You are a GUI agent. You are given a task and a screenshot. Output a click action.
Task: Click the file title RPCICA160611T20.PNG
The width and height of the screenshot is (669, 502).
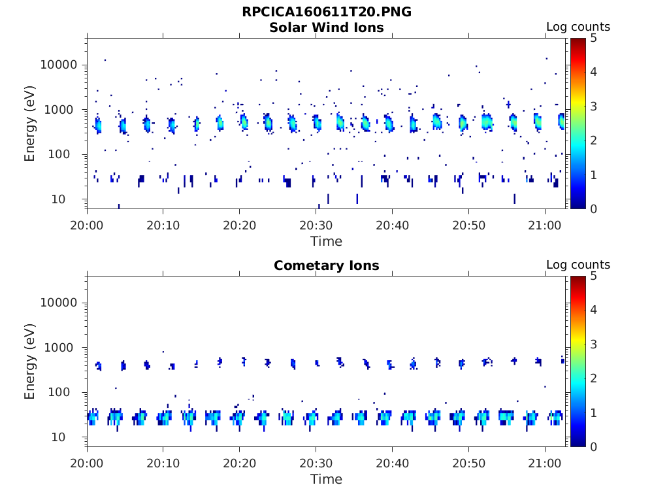click(327, 12)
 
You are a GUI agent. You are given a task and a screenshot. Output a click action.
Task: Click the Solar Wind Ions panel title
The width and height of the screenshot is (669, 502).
click(327, 27)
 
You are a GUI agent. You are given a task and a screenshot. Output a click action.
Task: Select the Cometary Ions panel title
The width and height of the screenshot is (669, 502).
click(327, 265)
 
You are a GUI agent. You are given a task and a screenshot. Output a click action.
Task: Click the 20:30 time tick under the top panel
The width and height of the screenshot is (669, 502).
click(316, 225)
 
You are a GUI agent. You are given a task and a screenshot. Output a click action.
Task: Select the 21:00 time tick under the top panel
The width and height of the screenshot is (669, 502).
click(545, 225)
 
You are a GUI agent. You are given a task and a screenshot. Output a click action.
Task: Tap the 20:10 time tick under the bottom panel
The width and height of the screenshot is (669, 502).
click(163, 463)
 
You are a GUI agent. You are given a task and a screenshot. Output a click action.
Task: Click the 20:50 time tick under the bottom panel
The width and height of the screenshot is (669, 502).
click(468, 463)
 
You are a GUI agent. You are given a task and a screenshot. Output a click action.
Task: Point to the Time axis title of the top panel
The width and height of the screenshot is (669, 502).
click(327, 241)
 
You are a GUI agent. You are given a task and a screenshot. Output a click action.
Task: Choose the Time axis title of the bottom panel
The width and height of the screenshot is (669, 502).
click(327, 479)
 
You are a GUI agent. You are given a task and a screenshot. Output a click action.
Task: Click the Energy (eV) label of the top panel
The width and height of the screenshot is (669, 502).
click(30, 124)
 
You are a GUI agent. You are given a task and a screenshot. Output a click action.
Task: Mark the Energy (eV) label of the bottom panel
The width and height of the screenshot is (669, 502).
click(30, 361)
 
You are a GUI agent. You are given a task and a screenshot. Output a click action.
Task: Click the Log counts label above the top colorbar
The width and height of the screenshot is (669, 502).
click(578, 27)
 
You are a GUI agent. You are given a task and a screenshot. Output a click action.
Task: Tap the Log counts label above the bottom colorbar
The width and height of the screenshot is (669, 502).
click(578, 265)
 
